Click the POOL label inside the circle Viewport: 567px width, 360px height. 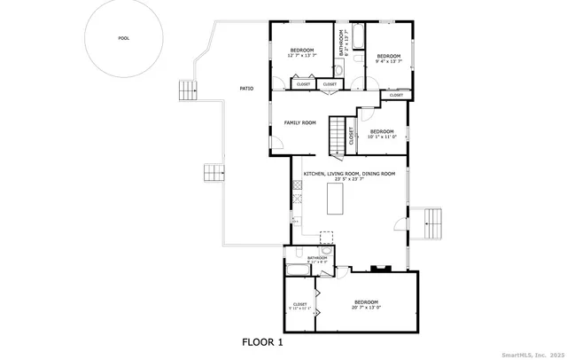click(123, 38)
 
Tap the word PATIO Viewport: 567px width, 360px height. click(246, 89)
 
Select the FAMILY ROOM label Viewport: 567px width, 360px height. click(299, 122)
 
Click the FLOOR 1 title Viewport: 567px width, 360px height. click(263, 340)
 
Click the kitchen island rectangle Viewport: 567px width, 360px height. click(337, 197)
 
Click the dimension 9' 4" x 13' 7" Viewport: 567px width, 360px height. click(389, 62)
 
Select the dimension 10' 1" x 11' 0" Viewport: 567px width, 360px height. click(382, 137)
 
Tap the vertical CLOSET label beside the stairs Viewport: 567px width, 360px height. click(352, 135)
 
